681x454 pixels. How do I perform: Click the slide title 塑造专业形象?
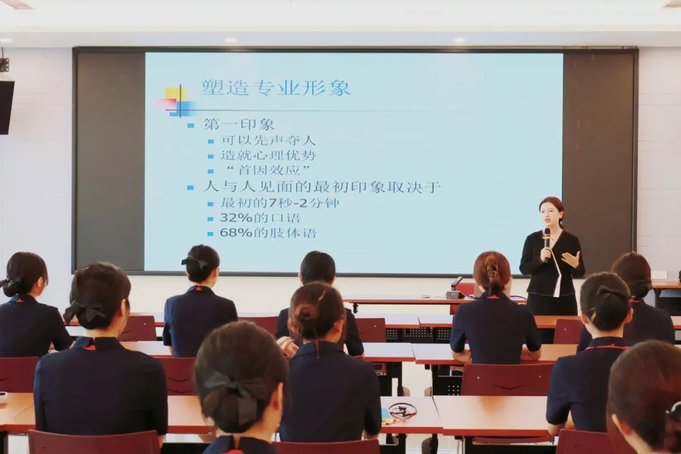(x=276, y=87)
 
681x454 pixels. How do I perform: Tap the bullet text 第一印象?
(x=239, y=125)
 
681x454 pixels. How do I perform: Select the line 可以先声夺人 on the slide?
(x=269, y=141)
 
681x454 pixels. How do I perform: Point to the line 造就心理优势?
(x=269, y=155)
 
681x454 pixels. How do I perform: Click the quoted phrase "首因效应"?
(x=267, y=170)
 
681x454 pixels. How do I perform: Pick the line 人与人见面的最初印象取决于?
(x=322, y=187)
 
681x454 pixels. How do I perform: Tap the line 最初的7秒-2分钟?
(x=280, y=203)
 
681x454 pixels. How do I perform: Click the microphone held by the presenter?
(x=547, y=244)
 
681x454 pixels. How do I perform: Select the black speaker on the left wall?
(x=6, y=107)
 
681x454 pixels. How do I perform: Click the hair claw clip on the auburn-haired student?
(x=492, y=272)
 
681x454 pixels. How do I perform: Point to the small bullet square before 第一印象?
(x=190, y=126)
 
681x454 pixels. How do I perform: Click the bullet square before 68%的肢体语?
(x=211, y=234)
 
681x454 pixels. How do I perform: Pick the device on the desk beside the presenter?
(x=455, y=294)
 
